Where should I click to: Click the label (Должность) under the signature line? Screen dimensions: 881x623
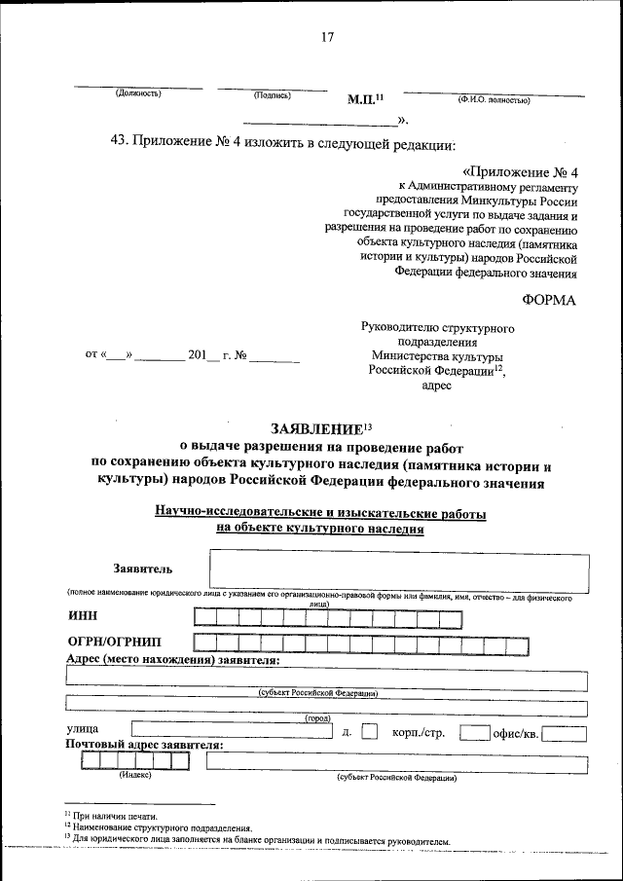137,94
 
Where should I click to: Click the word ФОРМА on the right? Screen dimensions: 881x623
549,299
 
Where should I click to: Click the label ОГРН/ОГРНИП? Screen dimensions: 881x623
115,642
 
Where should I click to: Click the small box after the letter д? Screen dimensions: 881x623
369,732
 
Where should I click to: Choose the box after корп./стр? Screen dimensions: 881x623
474,732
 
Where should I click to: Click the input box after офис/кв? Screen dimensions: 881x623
565,733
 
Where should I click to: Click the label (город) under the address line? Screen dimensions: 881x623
317,717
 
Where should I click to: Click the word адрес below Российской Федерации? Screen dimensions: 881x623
437,385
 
